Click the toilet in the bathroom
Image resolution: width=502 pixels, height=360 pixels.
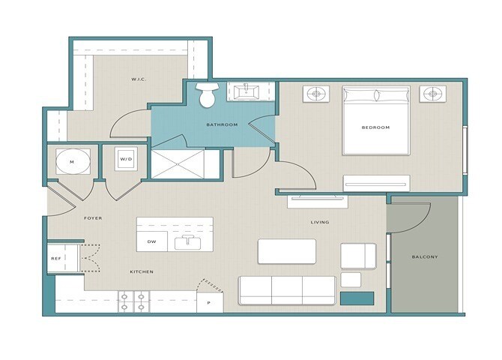(207, 95)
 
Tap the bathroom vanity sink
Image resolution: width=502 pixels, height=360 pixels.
(247, 92)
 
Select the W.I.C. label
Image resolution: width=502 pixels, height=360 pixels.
(139, 79)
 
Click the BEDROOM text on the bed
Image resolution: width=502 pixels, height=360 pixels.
(375, 127)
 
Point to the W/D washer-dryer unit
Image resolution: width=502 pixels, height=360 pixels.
(126, 159)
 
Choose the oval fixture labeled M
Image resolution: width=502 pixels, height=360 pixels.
(73, 161)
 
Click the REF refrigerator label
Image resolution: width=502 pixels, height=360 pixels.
(56, 259)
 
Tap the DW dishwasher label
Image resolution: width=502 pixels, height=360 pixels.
(151, 241)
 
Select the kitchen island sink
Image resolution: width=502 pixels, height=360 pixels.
(187, 242)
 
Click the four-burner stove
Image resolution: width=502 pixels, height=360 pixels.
(134, 301)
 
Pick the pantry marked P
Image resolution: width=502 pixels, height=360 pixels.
(210, 302)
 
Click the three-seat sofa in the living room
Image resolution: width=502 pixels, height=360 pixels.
(287, 290)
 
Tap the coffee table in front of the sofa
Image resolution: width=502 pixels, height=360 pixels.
(287, 251)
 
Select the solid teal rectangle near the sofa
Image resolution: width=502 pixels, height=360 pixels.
(357, 298)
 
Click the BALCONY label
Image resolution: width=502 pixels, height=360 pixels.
(425, 256)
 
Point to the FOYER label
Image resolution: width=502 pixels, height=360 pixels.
(93, 218)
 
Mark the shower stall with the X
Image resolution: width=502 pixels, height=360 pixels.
(178, 164)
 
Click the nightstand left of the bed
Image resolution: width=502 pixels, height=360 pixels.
(316, 94)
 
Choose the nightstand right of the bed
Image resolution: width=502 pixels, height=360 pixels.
(433, 94)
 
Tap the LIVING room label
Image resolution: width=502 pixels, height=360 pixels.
(320, 222)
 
